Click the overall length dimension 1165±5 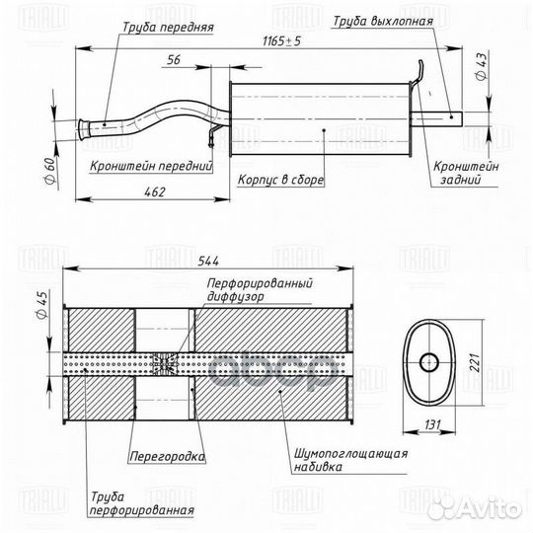(x=281, y=41)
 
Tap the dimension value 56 (x=174, y=60)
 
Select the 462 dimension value (x=155, y=192)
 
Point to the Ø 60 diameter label (x=49, y=171)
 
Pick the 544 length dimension (x=208, y=261)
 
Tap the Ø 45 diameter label (x=42, y=305)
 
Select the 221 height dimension (x=475, y=362)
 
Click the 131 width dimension (x=432, y=424)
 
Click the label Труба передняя (x=168, y=28)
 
